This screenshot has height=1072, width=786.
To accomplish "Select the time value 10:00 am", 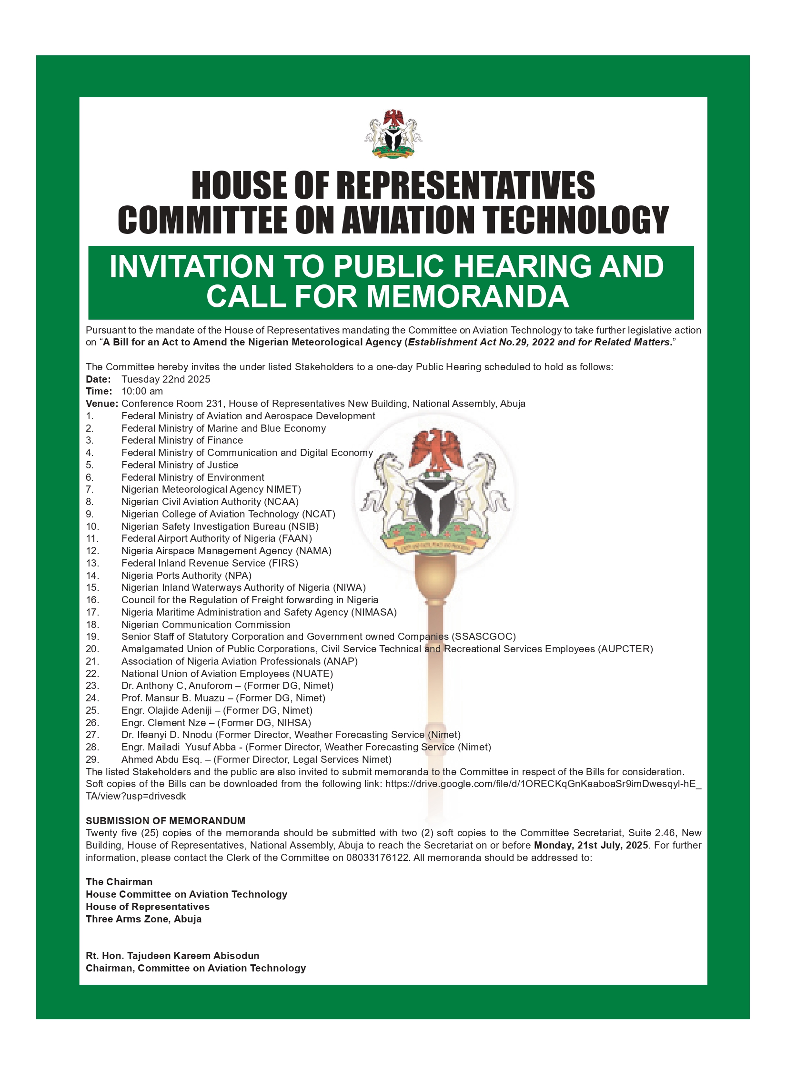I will pyautogui.click(x=142, y=391).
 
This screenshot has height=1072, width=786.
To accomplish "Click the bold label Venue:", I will pyautogui.click(x=101, y=404).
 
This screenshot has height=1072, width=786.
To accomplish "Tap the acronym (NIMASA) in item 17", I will pyautogui.click(x=374, y=612).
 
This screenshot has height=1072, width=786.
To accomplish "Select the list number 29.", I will pyautogui.click(x=92, y=759).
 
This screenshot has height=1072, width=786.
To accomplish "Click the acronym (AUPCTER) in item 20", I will pyautogui.click(x=625, y=649).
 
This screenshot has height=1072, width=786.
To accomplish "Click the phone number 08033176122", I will pyautogui.click(x=378, y=858).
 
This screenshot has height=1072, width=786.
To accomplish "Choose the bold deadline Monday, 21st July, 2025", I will pyautogui.click(x=591, y=845).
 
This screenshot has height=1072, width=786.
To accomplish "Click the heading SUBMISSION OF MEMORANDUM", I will pyautogui.click(x=165, y=821).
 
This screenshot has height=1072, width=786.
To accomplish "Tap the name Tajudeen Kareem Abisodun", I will pyautogui.click(x=193, y=956).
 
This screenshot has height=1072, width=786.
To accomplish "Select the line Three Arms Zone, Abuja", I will pyautogui.click(x=143, y=919).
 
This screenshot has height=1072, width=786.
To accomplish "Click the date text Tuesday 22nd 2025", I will pyautogui.click(x=166, y=379).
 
